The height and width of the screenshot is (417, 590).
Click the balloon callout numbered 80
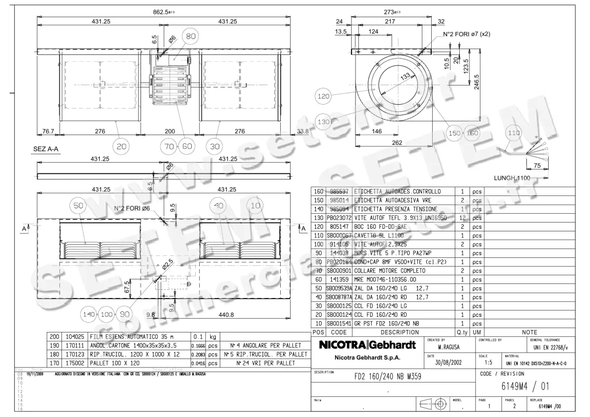pyautogui.click(x=191, y=36)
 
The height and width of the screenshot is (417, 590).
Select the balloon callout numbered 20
pyautogui.click(x=121, y=146)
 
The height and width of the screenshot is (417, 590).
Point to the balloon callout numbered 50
pyautogui.click(x=79, y=207)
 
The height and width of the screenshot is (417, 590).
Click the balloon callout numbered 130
pyautogui.click(x=324, y=121)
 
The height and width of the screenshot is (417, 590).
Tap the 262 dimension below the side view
pyautogui.click(x=394, y=143)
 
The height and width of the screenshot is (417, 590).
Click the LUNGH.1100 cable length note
pyautogui.click(x=512, y=178)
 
